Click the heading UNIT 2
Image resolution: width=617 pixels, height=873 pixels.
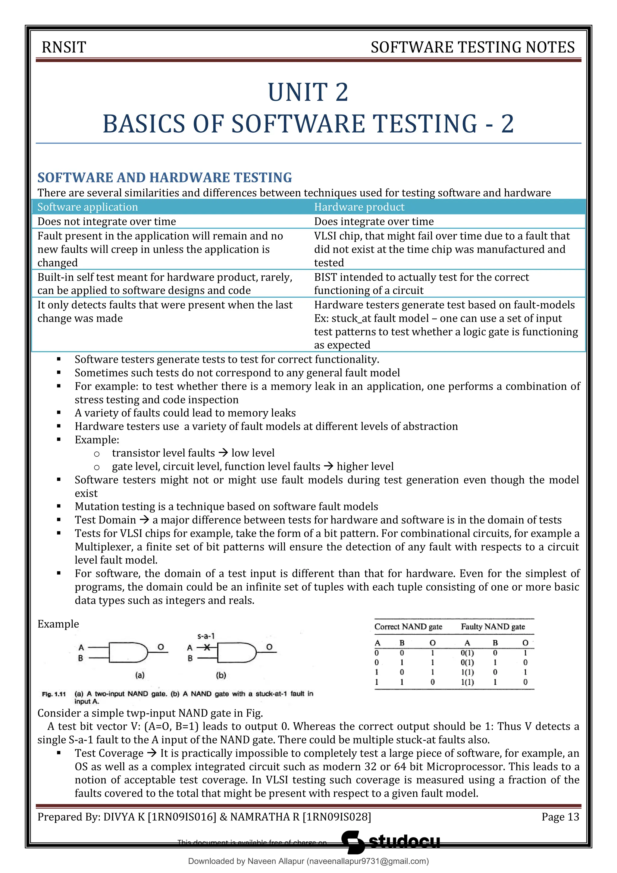tap(308, 93)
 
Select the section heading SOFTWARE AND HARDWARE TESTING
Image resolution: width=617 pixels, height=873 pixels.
tap(164, 177)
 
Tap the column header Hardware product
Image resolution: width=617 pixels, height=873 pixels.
tap(359, 207)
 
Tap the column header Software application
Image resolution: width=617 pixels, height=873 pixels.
tap(87, 207)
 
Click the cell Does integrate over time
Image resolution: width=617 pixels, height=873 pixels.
tap(374, 221)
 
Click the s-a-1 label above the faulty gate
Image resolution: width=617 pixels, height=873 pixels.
tap(206, 636)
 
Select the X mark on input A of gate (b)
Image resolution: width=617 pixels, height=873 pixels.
tap(207, 648)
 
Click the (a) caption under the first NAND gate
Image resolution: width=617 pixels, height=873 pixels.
tap(140, 675)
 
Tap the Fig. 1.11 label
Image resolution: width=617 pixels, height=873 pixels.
tap(54, 694)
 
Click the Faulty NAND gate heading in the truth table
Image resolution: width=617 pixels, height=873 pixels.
tap(493, 626)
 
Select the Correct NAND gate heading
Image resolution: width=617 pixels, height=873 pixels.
tap(408, 626)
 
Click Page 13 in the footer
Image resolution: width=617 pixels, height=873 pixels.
tap(560, 817)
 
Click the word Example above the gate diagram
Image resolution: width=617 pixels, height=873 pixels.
tap(58, 624)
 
